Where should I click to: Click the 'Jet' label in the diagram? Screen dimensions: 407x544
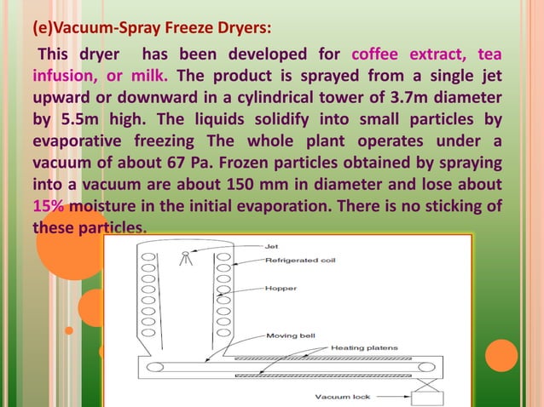point(271,245)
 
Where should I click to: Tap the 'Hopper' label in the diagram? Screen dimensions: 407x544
point(276,289)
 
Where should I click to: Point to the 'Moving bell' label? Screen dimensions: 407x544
point(291,336)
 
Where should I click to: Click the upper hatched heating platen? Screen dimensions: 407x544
point(333,358)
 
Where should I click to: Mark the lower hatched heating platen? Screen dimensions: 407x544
point(333,375)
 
